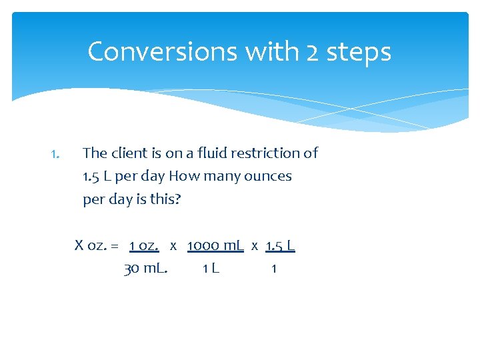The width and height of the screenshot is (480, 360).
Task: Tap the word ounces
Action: tap(269, 177)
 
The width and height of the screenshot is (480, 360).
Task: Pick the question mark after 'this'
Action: tap(177, 199)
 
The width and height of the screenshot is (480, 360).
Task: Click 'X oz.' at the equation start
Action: tap(89, 245)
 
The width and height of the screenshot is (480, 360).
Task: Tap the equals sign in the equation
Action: tap(115, 245)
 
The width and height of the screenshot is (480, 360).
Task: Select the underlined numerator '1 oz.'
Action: tap(144, 245)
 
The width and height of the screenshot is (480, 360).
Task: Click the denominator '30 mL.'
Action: tap(146, 269)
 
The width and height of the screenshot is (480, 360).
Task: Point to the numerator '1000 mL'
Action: tap(215, 245)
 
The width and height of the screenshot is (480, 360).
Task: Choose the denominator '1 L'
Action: tap(211, 269)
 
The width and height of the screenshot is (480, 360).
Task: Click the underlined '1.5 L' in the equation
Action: tap(280, 245)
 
